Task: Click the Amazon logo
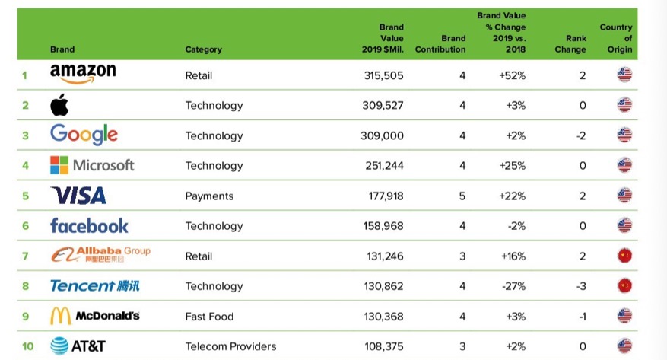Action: tap(83, 74)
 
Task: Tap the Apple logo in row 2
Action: tap(59, 105)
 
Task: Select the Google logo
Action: tap(84, 135)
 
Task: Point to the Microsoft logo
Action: tap(92, 165)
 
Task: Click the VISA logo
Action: tap(78, 196)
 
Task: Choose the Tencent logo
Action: tap(94, 286)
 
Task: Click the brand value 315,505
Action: tap(383, 75)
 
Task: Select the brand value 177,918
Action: tap(383, 196)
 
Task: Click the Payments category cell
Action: tap(209, 196)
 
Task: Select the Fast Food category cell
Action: tap(209, 316)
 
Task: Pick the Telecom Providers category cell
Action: tap(230, 346)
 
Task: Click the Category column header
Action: tap(203, 49)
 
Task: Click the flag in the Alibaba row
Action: tap(624, 256)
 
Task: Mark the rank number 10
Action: tap(28, 346)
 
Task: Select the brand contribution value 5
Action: tap(462, 196)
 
